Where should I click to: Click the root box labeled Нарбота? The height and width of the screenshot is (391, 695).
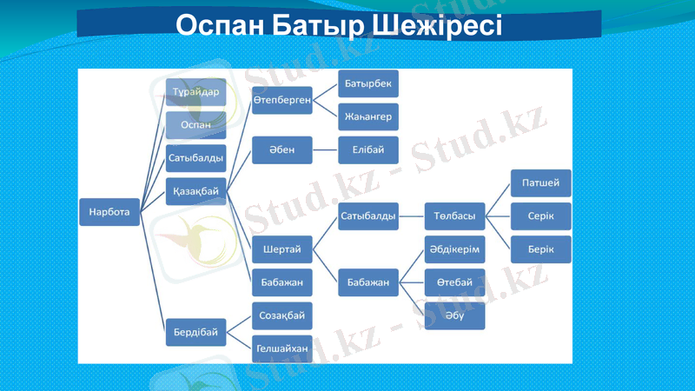[109, 211]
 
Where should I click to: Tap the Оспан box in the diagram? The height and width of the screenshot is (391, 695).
[195, 125]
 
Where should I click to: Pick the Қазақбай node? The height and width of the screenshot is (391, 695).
[195, 190]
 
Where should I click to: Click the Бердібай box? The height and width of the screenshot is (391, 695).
[195, 331]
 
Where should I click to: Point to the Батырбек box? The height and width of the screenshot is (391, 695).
[368, 84]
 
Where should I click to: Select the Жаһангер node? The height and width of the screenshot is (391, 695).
[368, 116]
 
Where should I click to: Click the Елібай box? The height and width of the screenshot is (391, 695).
[368, 149]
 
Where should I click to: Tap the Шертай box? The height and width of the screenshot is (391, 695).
[281, 250]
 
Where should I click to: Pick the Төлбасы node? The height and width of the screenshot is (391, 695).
[454, 215]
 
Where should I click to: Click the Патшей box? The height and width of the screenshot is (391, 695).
[540, 183]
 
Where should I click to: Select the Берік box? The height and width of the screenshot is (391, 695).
[540, 249]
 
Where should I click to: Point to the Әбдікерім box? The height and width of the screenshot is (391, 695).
[454, 249]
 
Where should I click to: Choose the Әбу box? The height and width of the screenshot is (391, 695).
[454, 315]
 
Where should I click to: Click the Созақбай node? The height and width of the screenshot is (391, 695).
[281, 315]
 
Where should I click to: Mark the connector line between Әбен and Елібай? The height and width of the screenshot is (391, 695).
[325, 149]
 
